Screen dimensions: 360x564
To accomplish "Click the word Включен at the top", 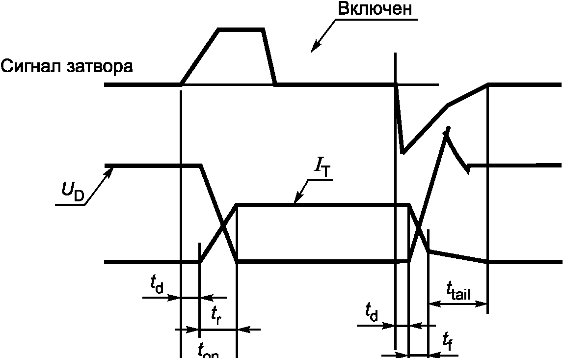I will click(x=374, y=9).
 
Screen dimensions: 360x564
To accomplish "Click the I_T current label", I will click(x=322, y=168).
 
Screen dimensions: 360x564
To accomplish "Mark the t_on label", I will click(x=208, y=351).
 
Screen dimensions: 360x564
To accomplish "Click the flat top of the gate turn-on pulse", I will click(x=242, y=30).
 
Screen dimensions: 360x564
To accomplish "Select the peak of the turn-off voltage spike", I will click(x=446, y=129).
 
